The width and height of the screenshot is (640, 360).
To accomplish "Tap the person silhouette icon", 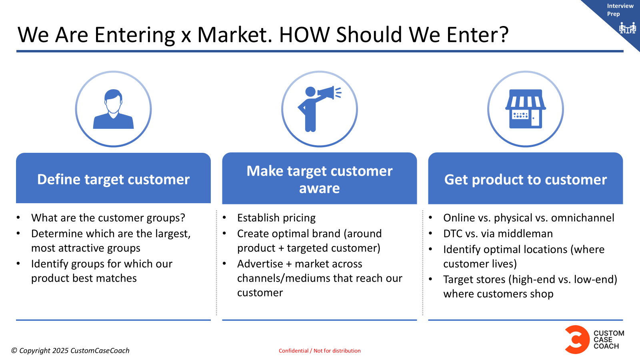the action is [x=114, y=109].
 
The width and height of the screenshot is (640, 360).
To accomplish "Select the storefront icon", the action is [x=526, y=109].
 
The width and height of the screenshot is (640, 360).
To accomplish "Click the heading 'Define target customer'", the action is [x=114, y=180].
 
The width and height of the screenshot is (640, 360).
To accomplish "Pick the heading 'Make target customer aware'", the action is [x=320, y=180].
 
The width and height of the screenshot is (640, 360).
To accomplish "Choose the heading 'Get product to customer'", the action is [x=526, y=180].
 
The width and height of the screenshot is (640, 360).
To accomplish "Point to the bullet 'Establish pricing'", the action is [x=276, y=218].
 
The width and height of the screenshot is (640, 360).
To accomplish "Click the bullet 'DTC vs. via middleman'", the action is [x=498, y=234].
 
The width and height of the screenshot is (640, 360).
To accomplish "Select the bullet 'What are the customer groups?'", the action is [x=108, y=218].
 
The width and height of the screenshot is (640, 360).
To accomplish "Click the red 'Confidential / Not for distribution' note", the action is [x=320, y=350].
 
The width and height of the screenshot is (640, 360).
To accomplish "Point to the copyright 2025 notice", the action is [x=70, y=350].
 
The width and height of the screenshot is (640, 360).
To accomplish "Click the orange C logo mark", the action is [x=577, y=340].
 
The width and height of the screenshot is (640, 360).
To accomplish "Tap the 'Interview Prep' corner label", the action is [x=620, y=10].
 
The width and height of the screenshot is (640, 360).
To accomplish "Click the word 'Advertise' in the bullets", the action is [x=260, y=264].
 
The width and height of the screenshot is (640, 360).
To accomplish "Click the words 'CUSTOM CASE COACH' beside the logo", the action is [x=609, y=340].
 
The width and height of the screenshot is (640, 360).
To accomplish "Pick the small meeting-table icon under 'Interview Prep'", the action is [x=627, y=28].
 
